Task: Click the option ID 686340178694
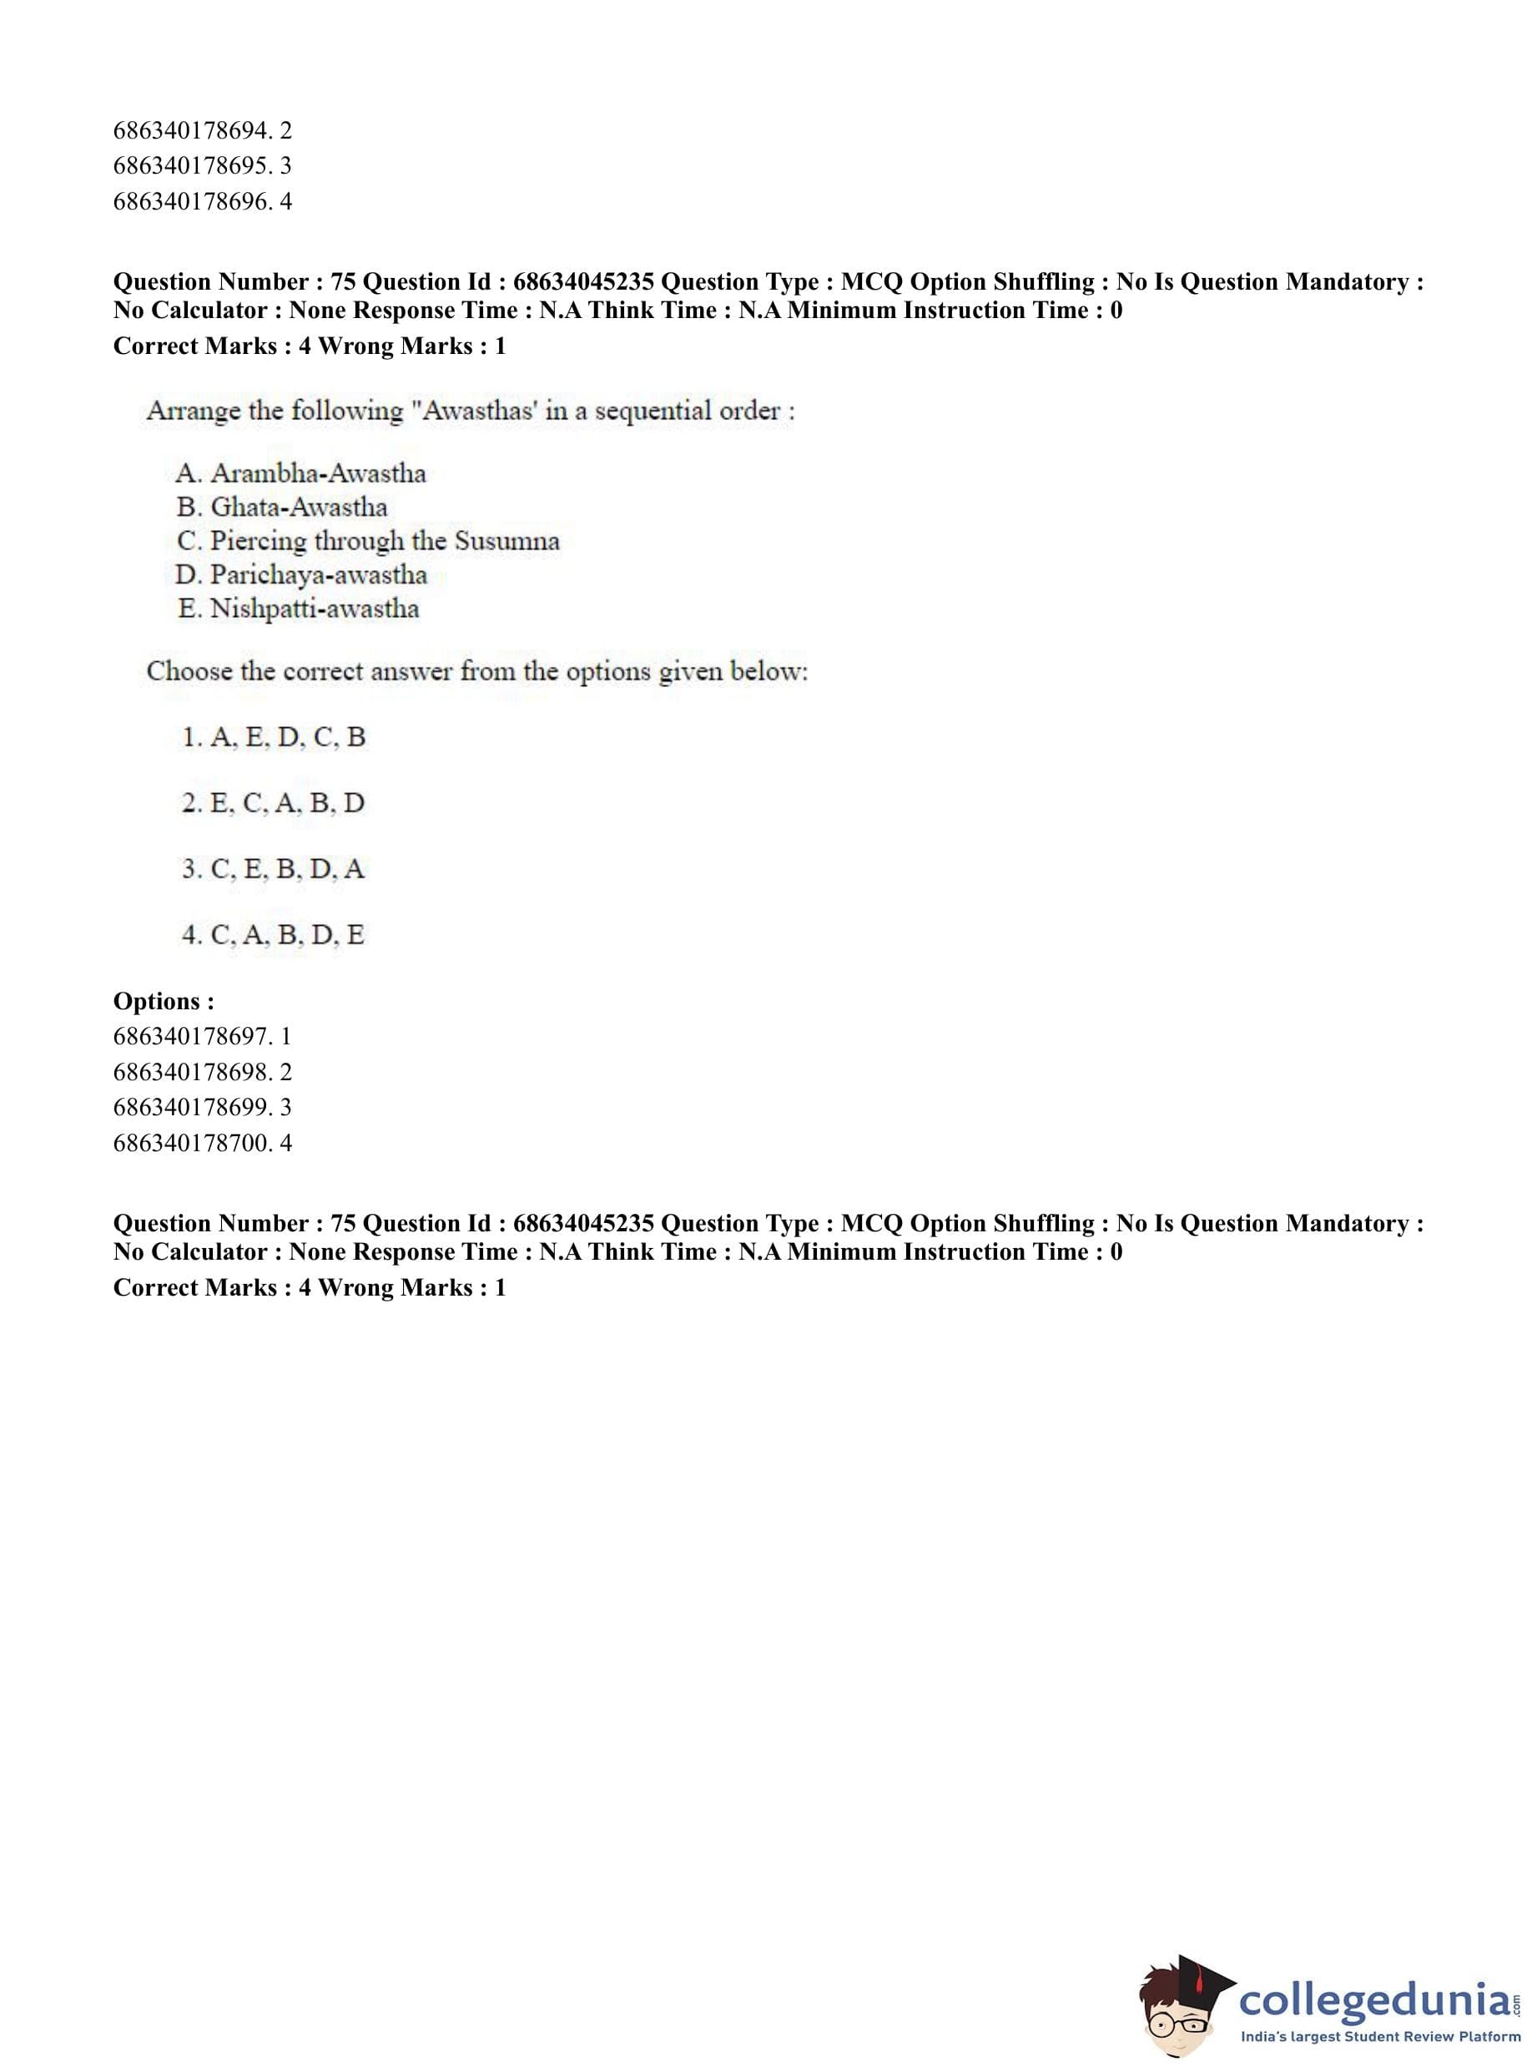coord(192,131)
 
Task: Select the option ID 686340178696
coord(192,201)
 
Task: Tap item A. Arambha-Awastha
coord(300,473)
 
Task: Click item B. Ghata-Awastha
coord(282,508)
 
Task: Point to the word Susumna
coord(507,541)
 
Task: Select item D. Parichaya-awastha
coord(301,575)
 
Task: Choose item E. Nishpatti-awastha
coord(298,609)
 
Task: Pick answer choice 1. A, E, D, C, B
coord(274,737)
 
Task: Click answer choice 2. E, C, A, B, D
coord(274,803)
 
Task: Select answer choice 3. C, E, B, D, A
coord(274,869)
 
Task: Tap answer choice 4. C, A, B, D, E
coord(274,935)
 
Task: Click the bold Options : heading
coord(164,1001)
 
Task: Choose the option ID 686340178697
coord(192,1036)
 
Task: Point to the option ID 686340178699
coord(192,1107)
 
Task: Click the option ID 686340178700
coord(192,1143)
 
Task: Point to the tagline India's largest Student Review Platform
coord(1380,2037)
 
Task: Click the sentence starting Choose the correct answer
coord(476,672)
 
